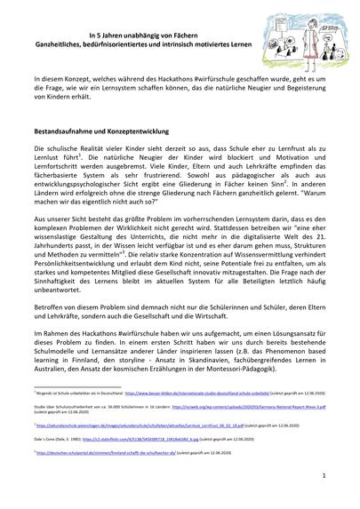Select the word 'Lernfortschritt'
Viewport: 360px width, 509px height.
click(x=61, y=173)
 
